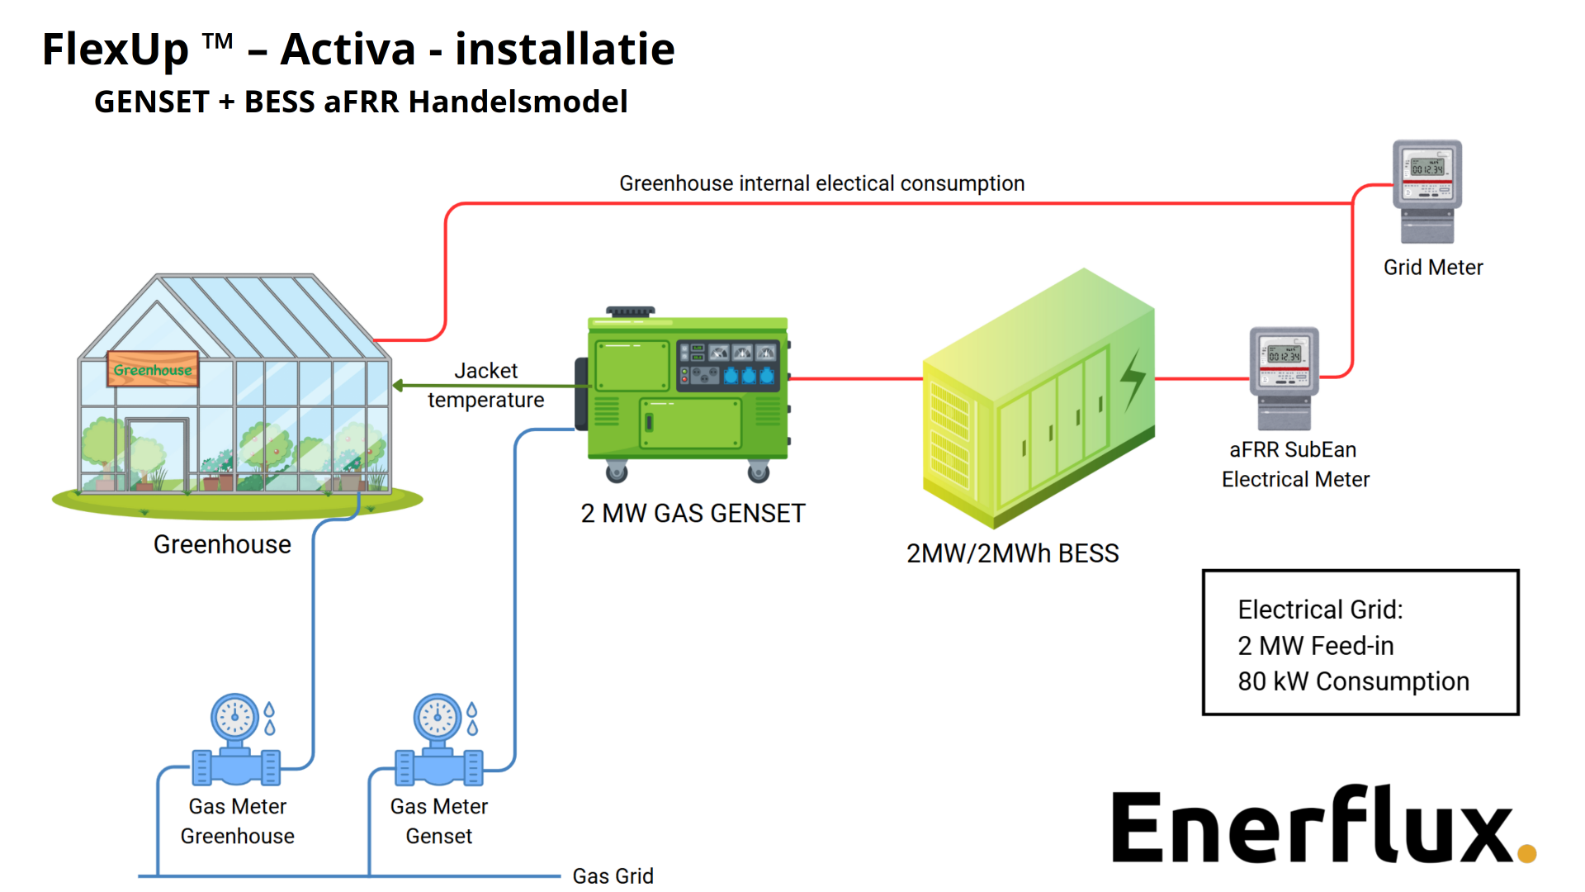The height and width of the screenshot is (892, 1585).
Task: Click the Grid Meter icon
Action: pyautogui.click(x=1427, y=190)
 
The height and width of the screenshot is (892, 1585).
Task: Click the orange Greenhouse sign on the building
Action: pyautogui.click(x=153, y=369)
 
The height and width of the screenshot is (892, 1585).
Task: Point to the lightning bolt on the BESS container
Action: pyautogui.click(x=1133, y=379)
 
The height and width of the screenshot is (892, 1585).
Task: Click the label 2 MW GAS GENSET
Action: pyautogui.click(x=693, y=514)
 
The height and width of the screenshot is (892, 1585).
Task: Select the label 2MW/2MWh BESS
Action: pyautogui.click(x=1012, y=553)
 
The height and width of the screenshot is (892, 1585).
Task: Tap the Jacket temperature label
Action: pyautogui.click(x=485, y=386)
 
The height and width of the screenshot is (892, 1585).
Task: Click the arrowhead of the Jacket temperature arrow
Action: pyautogui.click(x=398, y=386)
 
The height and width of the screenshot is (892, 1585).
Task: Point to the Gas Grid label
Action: pyautogui.click(x=613, y=875)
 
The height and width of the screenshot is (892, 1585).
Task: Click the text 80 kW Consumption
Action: pyautogui.click(x=1353, y=681)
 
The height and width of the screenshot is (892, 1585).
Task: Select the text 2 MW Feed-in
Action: pyautogui.click(x=1315, y=646)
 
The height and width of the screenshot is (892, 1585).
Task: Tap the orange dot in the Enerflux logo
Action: pyautogui.click(x=1526, y=853)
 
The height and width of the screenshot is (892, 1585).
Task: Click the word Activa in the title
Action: pyautogui.click(x=348, y=50)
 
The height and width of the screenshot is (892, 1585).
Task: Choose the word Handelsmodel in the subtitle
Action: pyautogui.click(x=518, y=102)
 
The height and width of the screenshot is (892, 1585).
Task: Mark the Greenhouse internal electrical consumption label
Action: pyautogui.click(x=821, y=183)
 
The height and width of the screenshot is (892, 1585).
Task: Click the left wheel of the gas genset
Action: pyautogui.click(x=616, y=472)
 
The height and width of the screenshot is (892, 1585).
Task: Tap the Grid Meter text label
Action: pyautogui.click(x=1433, y=268)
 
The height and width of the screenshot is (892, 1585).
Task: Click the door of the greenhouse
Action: pyautogui.click(x=157, y=454)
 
